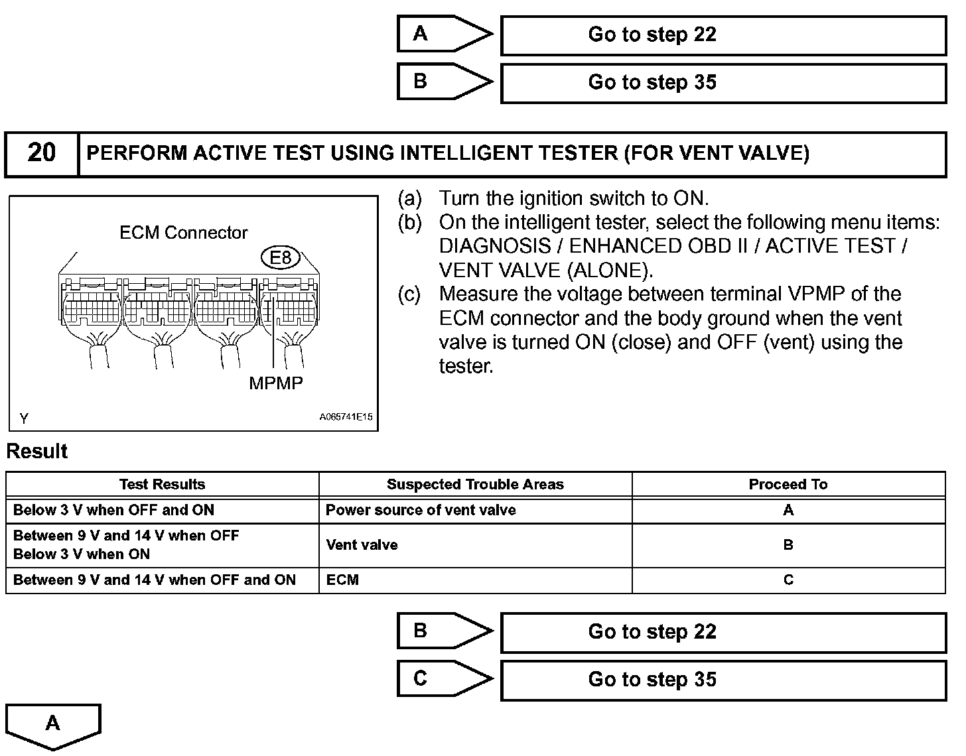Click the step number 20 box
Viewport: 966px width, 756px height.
tap(41, 154)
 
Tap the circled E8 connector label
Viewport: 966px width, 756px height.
tap(281, 257)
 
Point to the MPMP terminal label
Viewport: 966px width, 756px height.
tap(275, 383)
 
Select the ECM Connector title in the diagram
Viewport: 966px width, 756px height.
tap(183, 233)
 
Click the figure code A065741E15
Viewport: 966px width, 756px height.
tap(346, 417)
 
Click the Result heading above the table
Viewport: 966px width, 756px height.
tap(37, 452)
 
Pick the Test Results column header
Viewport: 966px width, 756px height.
tap(162, 484)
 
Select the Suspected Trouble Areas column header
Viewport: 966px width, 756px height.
tap(475, 484)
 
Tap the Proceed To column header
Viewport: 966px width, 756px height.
tap(788, 484)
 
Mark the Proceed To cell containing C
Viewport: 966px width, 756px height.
tap(788, 580)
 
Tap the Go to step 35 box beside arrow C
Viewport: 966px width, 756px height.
tap(723, 680)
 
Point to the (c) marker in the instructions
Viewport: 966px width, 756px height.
tap(409, 294)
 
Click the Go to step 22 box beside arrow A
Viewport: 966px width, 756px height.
tap(723, 35)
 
